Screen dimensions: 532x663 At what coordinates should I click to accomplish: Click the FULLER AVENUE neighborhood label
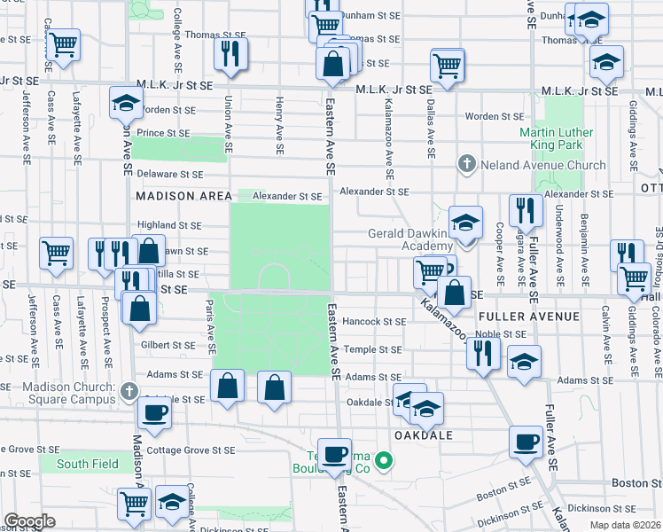528,317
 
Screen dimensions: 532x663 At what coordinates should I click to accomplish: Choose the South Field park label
82,464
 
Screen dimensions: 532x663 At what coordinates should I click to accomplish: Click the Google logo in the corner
29,521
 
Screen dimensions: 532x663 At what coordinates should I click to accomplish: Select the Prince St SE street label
163,133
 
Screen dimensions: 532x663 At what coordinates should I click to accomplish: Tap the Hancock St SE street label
374,322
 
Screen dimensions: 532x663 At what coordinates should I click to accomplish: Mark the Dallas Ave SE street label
431,129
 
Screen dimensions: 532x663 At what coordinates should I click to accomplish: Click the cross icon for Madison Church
129,390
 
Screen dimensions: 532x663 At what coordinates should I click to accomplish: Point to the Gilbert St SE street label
168,345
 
